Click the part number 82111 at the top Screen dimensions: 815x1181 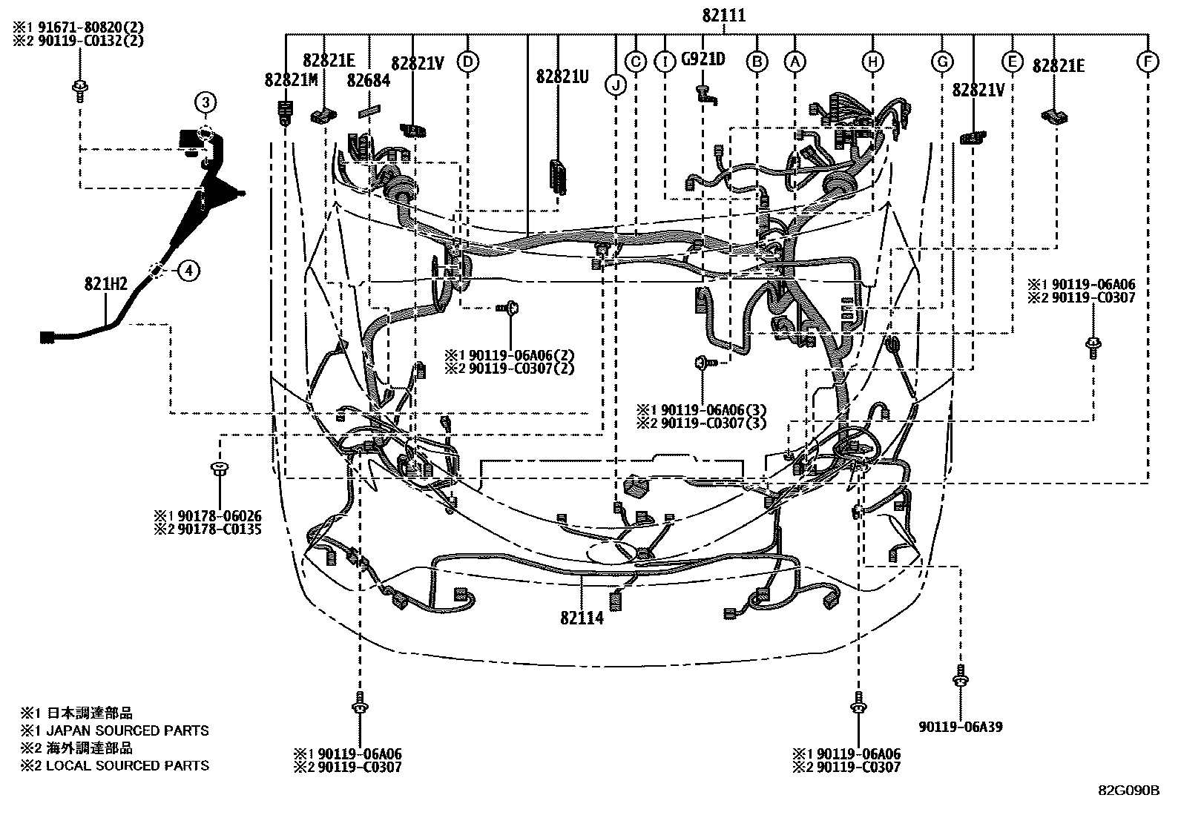click(x=724, y=15)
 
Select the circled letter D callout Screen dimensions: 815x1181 click(x=467, y=62)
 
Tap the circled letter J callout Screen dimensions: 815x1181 click(x=615, y=86)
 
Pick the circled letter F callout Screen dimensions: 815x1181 click(x=1147, y=62)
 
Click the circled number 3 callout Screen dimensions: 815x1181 click(x=205, y=102)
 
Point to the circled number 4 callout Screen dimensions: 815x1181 click(x=188, y=271)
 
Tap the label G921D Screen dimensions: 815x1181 click(x=703, y=59)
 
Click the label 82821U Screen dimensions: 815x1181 click(x=562, y=76)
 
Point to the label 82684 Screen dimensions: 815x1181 click(x=369, y=80)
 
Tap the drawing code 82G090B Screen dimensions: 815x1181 click(x=1128, y=791)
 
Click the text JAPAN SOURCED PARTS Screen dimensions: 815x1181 click(x=128, y=730)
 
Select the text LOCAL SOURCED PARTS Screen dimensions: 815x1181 click(x=128, y=765)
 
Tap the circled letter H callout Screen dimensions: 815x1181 click(x=873, y=62)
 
